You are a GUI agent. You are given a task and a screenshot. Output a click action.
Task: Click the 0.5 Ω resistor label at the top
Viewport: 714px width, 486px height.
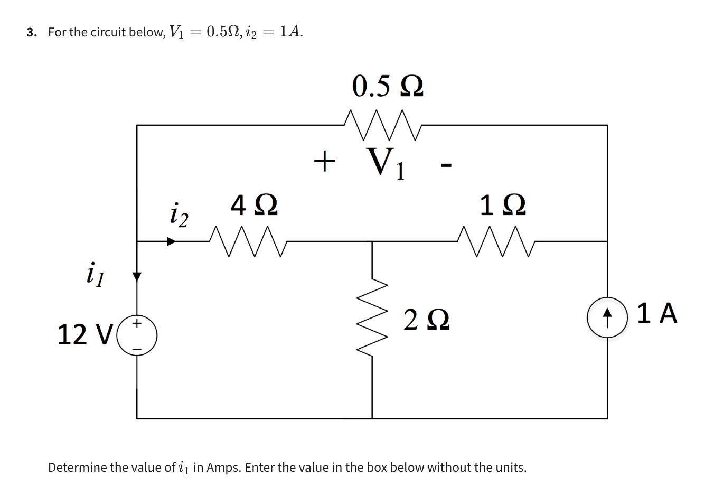[x=388, y=86]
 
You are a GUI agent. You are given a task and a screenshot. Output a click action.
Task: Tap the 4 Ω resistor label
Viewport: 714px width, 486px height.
[x=254, y=205]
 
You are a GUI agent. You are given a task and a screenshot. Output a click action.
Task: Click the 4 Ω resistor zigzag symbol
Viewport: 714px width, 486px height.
[x=248, y=242]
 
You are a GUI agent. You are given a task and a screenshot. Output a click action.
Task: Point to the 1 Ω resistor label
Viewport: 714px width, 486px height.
[x=503, y=205]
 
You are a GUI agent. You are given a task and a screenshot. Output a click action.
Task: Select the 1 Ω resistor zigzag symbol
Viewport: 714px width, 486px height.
[x=497, y=242]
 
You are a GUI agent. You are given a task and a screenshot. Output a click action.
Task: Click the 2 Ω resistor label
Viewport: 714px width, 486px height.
[x=427, y=321]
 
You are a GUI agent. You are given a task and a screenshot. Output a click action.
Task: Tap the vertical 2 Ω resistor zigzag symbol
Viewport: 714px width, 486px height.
[x=373, y=317]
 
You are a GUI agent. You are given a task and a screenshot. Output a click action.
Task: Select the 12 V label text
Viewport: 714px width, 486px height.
[x=85, y=334]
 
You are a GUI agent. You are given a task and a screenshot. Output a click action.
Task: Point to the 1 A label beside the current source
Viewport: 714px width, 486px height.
[x=656, y=314]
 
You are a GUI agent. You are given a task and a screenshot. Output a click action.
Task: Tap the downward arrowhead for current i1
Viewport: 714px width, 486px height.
[x=137, y=276]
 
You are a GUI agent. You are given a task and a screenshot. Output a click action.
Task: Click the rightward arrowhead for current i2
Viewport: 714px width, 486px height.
[x=171, y=242]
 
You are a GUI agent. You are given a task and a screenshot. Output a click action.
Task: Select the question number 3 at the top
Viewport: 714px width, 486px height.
[x=31, y=32]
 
